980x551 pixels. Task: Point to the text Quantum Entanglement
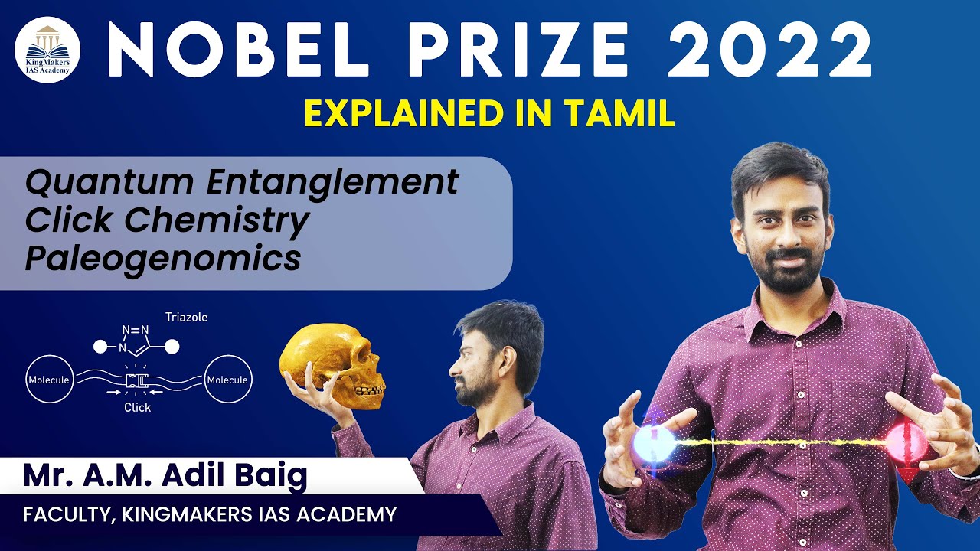(242, 183)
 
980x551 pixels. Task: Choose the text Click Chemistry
(167, 221)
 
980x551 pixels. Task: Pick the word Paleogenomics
(162, 259)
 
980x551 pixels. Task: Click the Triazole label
(186, 317)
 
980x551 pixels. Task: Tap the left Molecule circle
(49, 380)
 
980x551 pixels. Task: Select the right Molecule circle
(228, 380)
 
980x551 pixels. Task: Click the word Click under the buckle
(138, 408)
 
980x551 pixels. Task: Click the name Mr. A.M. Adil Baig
(165, 477)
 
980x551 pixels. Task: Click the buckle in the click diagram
(138, 380)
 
